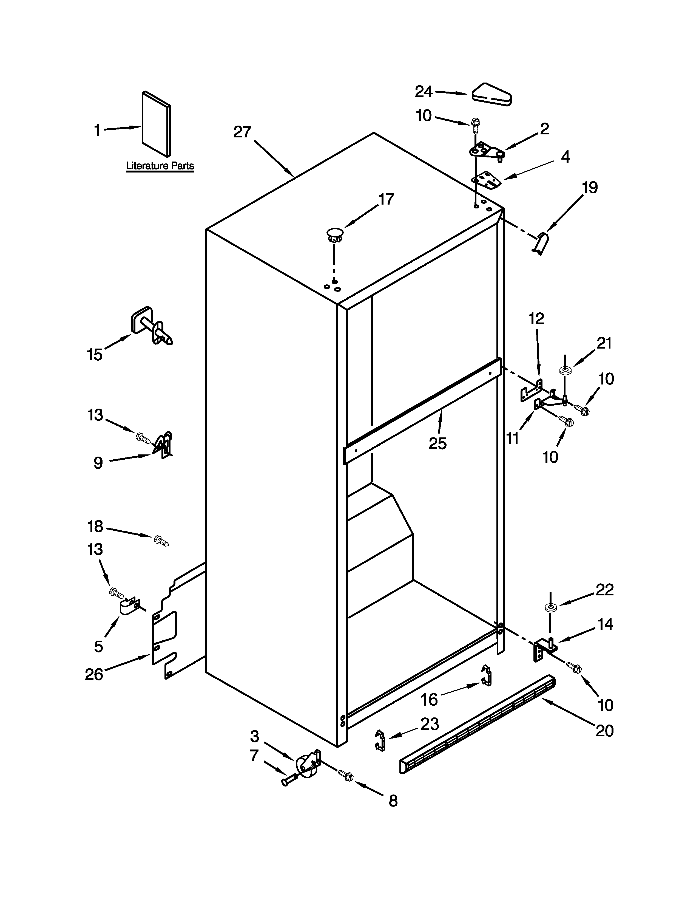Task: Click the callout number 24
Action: point(424,92)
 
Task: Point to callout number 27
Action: point(242,132)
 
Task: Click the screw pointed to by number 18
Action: point(161,540)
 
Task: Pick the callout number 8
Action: point(393,801)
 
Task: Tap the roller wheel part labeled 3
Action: point(306,765)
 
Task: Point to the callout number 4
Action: point(565,157)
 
